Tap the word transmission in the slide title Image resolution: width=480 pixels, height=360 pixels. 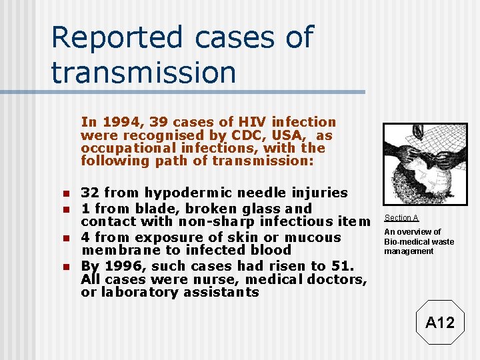(143, 72)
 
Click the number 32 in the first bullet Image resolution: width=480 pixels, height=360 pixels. (91, 193)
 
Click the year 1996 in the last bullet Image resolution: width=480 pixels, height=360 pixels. (123, 265)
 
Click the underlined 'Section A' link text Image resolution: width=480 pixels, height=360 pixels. (401, 218)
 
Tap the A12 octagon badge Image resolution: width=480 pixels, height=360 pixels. (439, 323)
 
